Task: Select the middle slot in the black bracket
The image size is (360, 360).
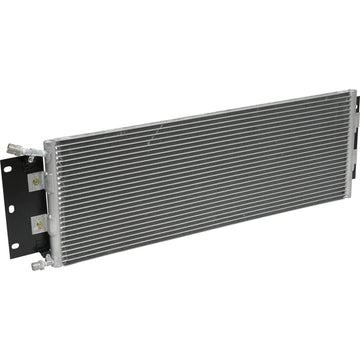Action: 11,208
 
